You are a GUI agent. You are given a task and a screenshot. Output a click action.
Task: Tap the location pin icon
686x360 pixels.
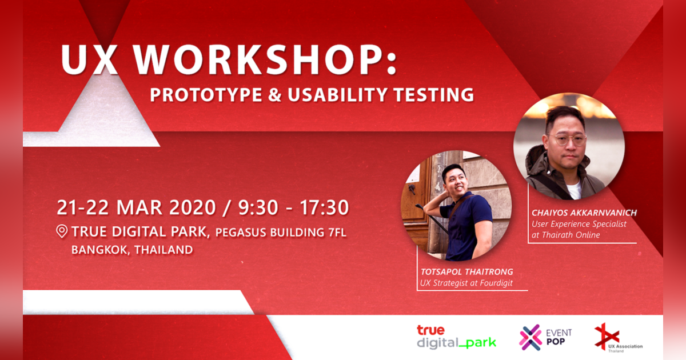tap(62, 231)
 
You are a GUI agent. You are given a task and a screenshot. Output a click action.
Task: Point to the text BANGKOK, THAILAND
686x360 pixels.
tap(132, 250)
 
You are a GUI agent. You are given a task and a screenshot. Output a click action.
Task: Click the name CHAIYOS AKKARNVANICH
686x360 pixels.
tap(584, 213)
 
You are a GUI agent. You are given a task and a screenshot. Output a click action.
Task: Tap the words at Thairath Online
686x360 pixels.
tap(565, 235)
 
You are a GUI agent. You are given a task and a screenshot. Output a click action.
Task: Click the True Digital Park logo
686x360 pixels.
tap(456, 337)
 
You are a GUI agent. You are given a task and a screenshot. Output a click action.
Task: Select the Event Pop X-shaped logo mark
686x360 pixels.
tap(530, 337)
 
